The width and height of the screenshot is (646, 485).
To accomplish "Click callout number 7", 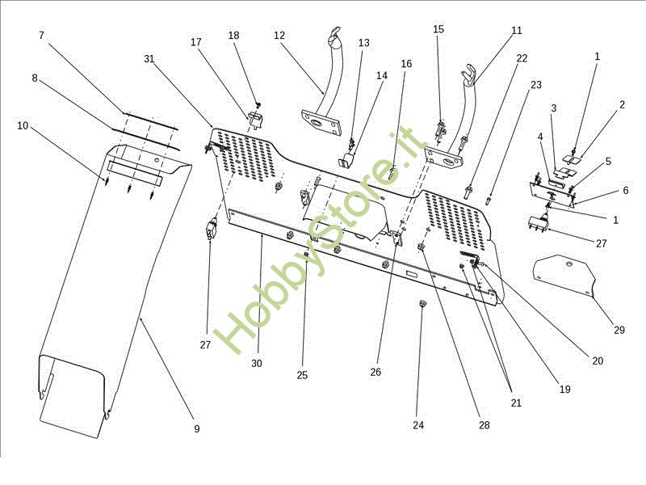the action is (41, 36).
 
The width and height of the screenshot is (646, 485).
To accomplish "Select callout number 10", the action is (23, 125).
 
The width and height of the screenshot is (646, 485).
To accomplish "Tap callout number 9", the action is (197, 429).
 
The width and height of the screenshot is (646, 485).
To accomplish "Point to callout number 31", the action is (149, 59).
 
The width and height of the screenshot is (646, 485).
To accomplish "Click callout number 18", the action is (233, 36).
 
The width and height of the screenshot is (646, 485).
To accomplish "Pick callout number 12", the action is (279, 36).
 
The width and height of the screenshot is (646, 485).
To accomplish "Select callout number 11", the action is (517, 30).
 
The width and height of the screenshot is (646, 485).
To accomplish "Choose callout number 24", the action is (418, 425).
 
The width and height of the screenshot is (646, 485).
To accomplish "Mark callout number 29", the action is (619, 330).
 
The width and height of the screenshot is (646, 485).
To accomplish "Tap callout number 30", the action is (257, 363).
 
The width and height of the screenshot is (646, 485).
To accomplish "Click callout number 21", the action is (516, 403).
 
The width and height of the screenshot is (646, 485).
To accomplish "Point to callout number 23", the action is (536, 85).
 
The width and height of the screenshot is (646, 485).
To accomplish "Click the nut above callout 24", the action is (422, 305).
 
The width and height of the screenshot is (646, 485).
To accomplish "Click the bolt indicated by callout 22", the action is (468, 192).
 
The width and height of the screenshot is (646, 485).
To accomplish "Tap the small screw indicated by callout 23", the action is (489, 200).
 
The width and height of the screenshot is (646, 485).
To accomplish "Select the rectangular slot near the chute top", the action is (135, 172).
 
